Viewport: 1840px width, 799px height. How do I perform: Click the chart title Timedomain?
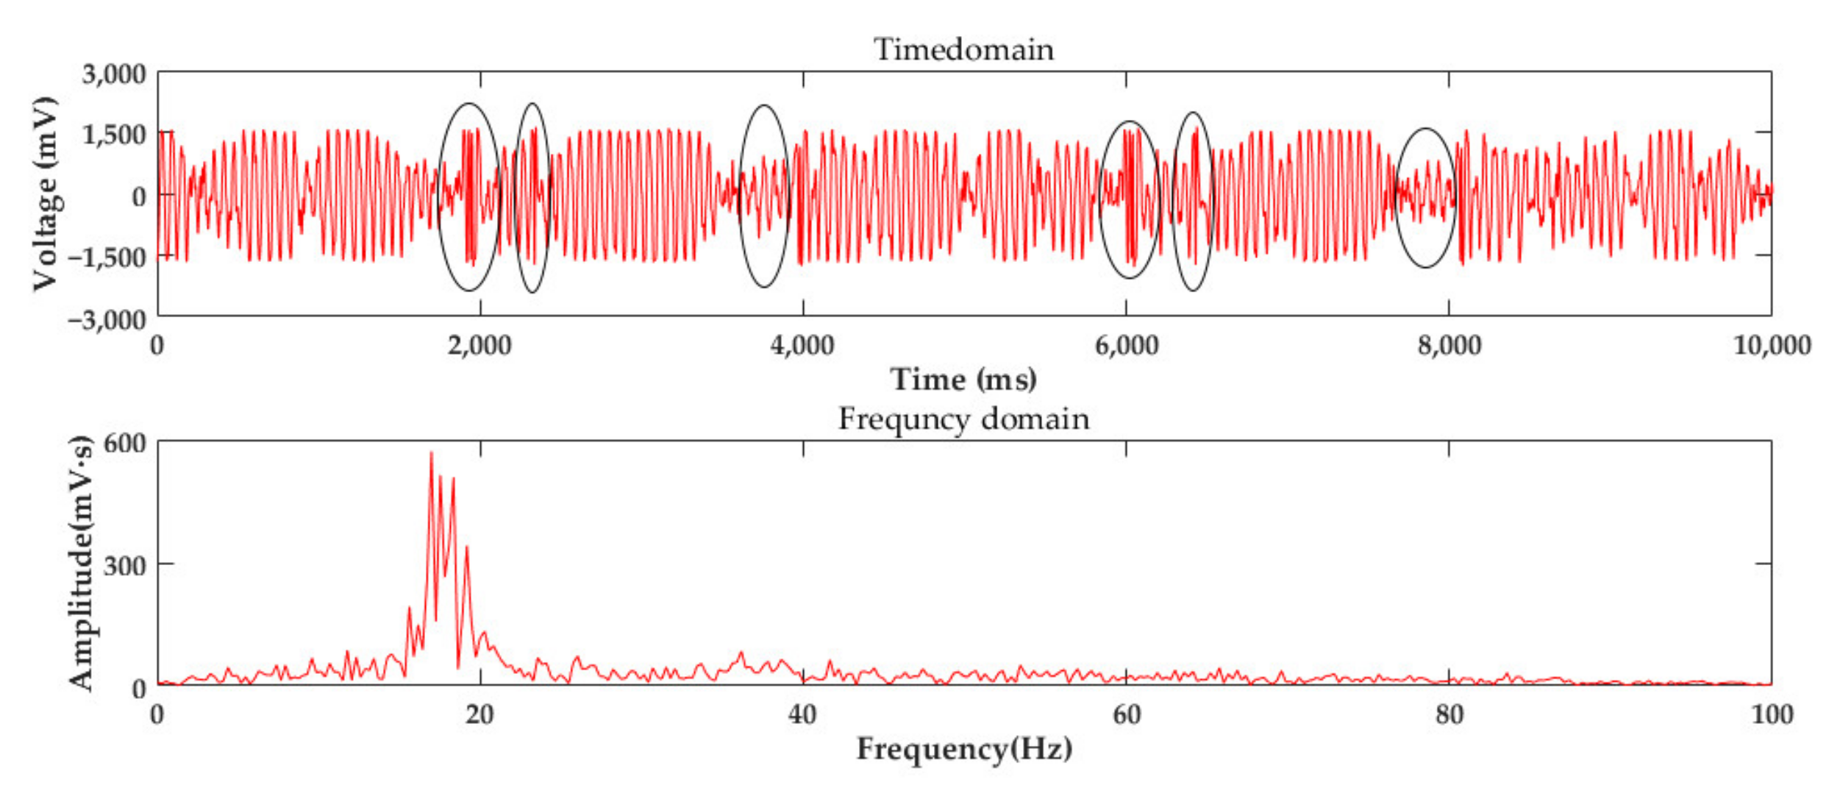click(963, 50)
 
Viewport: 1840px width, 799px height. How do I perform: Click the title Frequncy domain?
click(963, 419)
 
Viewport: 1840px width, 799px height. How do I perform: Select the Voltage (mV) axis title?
click(46, 193)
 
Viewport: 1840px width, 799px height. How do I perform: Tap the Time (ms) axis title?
click(963, 380)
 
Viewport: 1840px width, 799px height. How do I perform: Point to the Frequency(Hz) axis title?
click(963, 749)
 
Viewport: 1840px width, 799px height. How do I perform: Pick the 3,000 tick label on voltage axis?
click(114, 74)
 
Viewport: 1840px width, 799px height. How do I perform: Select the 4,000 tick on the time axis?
click(802, 345)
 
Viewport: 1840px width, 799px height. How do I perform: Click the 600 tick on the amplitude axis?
click(125, 444)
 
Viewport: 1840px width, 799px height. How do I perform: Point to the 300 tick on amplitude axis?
click(125, 566)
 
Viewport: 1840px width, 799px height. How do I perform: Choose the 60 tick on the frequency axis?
click(1126, 714)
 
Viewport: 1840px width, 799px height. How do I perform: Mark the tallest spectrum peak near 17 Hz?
click(431, 453)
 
